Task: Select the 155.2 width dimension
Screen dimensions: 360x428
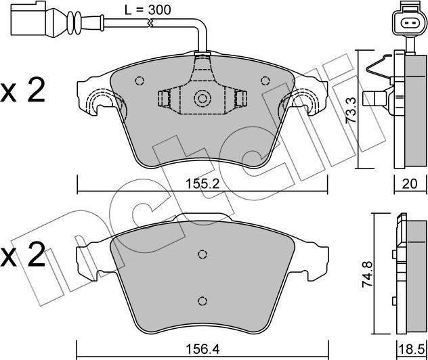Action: click(x=201, y=183)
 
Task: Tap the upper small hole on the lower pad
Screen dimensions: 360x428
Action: click(x=201, y=254)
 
